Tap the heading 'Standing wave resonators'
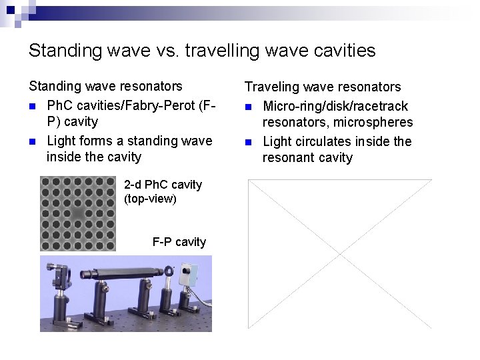(105, 86)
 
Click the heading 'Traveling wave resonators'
(323, 87)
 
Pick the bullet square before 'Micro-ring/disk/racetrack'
(249, 107)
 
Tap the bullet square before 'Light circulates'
(249, 142)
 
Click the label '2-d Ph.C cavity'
(163, 185)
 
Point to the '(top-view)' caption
(150, 199)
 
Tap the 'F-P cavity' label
(179, 242)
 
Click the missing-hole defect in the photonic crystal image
(78, 213)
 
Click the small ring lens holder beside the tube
(169, 272)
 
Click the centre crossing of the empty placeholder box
(339, 254)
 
